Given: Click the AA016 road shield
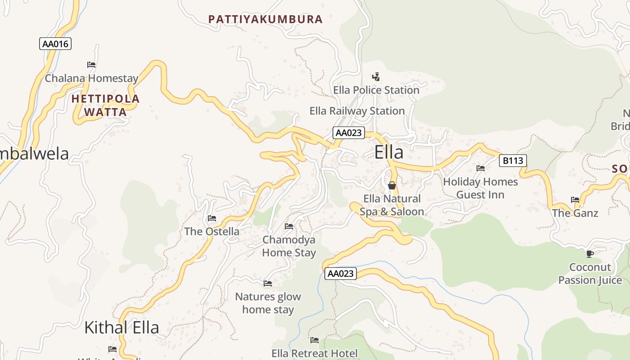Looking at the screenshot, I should coord(55,44).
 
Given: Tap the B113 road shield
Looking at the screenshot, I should coord(513,161).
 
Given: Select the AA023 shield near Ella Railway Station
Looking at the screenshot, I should coord(348,133).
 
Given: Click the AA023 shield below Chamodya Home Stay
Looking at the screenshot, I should coord(340,274).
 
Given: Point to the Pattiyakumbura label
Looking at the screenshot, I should coord(265,19).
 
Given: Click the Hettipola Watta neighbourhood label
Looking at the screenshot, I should coord(106,105).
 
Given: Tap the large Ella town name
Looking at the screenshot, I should coord(389,153).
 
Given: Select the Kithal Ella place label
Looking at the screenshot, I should coord(121,328).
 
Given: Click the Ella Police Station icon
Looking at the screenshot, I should coord(376,77).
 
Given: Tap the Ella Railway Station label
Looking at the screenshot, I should coord(357,111).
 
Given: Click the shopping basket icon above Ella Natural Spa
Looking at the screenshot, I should coord(392,185).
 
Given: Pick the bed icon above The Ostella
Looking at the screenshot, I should coord(212,218).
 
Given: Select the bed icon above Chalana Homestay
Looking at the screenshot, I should coord(91,65).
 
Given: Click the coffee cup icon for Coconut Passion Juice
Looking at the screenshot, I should coord(590,254).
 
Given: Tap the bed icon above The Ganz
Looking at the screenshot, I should coord(575,200).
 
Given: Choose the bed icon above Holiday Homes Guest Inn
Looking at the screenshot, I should coord(481,168).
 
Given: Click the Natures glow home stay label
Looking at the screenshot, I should coord(268,303).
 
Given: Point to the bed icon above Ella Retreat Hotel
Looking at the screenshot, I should coord(315,340).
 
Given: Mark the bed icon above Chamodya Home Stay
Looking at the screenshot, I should coord(289,226).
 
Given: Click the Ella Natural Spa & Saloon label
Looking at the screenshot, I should coord(391,205).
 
